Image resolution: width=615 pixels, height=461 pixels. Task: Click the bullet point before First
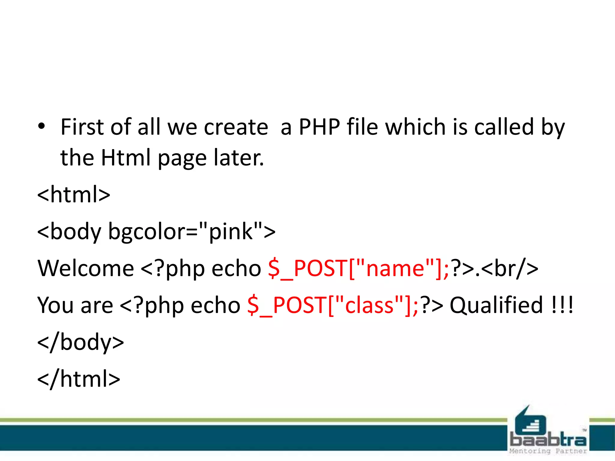click(x=41, y=126)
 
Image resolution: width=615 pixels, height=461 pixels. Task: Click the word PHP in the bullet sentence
click(x=319, y=127)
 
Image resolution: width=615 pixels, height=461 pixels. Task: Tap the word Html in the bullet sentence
click(x=125, y=158)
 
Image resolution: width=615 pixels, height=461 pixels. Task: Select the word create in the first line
click(x=236, y=127)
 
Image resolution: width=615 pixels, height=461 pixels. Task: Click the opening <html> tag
click(x=74, y=194)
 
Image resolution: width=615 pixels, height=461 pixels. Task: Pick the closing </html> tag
click(x=79, y=379)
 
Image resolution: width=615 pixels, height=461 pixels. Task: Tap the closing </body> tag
click(x=80, y=342)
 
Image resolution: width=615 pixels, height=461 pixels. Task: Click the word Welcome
click(x=86, y=268)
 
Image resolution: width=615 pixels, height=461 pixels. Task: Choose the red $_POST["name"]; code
click(x=358, y=268)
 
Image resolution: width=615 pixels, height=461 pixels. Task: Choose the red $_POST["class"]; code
click(x=333, y=305)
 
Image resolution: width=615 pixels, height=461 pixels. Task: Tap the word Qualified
click(x=496, y=305)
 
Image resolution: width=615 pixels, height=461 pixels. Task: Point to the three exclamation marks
click(x=562, y=305)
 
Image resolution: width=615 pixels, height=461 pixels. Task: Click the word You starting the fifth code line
click(x=55, y=305)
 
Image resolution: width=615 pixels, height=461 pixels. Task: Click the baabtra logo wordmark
click(x=548, y=440)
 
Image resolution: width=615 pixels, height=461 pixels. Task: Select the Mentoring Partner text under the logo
click(x=548, y=451)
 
